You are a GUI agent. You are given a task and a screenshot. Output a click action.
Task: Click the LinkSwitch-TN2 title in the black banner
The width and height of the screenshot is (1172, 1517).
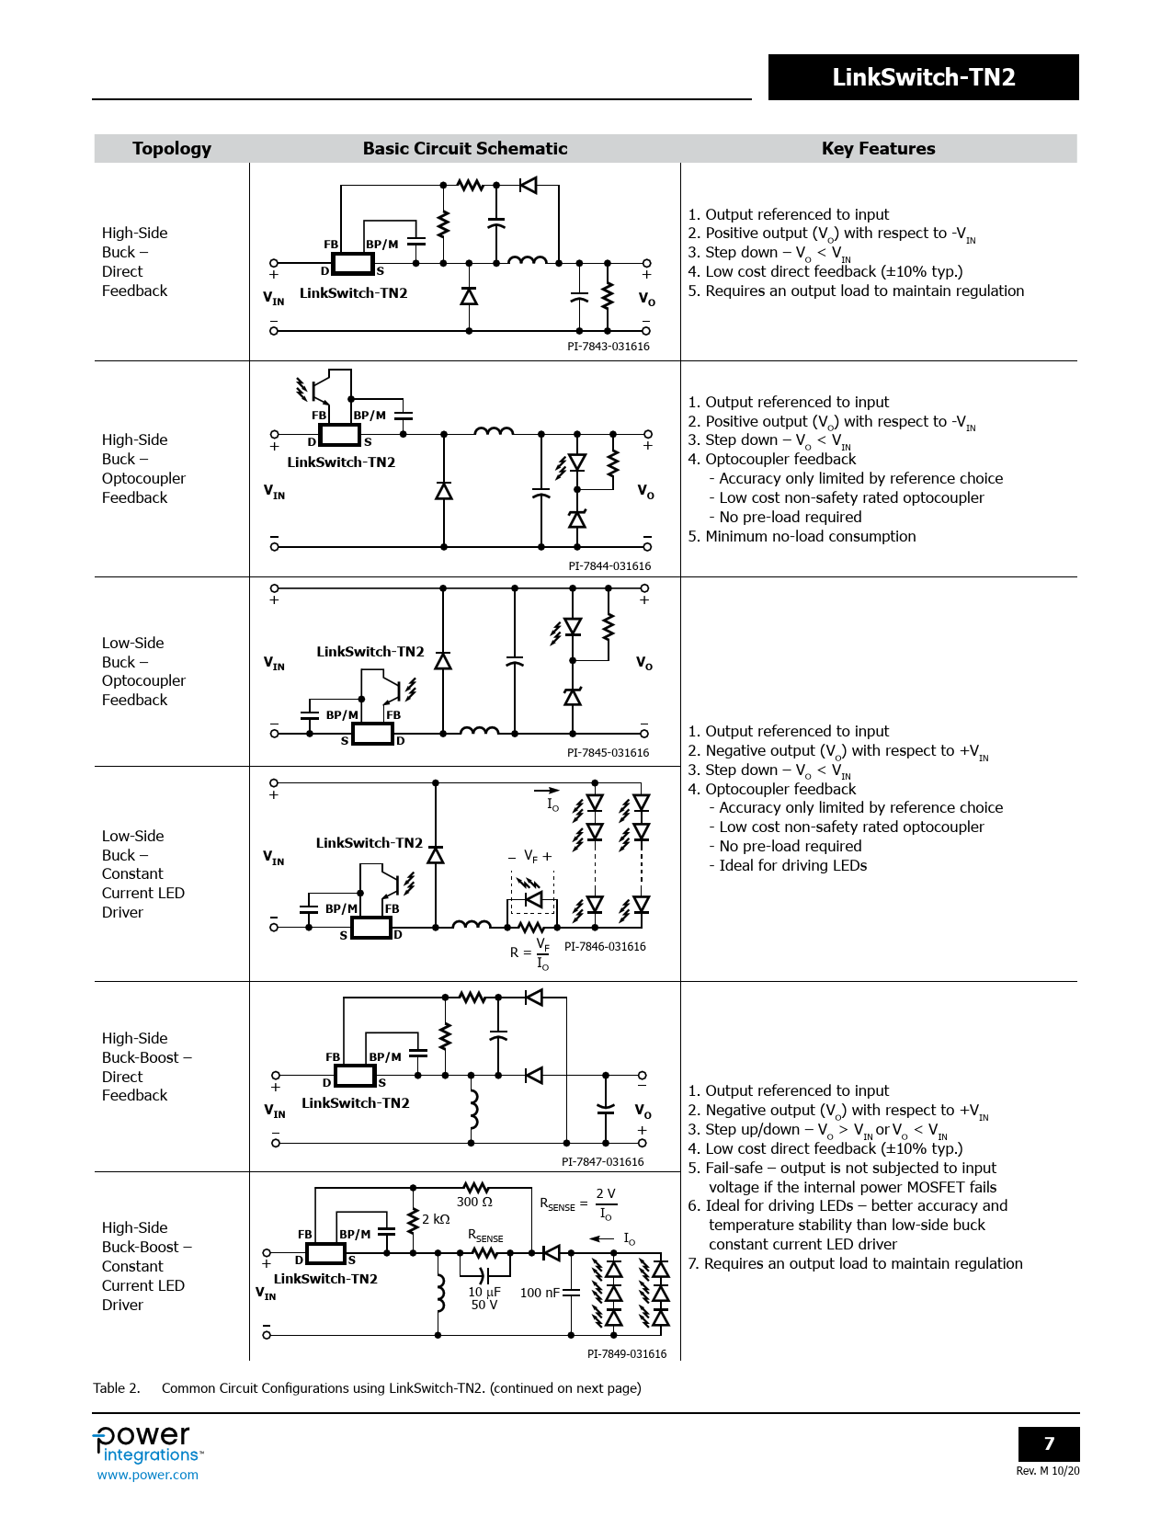[923, 77]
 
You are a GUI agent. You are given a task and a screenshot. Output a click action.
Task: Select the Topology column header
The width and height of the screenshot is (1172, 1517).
[171, 149]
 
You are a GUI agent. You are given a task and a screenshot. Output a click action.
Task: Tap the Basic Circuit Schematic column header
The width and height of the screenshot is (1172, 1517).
[464, 149]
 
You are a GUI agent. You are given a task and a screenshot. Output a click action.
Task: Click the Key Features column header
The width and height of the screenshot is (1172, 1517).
[878, 149]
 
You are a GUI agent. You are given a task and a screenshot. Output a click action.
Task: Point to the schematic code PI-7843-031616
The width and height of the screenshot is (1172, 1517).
[608, 347]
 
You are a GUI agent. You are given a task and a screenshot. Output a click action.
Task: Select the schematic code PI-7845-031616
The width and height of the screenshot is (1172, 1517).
[608, 753]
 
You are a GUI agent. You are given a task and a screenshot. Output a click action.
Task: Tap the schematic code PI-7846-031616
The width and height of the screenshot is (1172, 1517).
[605, 947]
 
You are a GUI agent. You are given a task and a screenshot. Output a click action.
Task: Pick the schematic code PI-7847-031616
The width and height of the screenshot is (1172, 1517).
[602, 1162]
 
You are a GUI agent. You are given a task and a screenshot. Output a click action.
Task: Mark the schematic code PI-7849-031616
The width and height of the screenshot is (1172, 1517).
[627, 1354]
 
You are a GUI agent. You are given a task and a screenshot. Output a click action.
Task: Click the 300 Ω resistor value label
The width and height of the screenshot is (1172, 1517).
[474, 1202]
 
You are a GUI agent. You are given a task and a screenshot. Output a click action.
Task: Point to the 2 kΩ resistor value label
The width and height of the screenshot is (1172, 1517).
[436, 1219]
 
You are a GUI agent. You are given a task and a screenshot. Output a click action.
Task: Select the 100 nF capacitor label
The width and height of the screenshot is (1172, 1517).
[540, 1293]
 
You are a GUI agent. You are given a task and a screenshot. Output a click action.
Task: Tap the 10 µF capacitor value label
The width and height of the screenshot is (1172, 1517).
[484, 1292]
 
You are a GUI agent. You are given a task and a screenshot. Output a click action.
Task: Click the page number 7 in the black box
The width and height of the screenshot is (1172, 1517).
[1049, 1443]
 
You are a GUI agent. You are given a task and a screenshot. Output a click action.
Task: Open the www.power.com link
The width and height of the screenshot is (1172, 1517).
[147, 1475]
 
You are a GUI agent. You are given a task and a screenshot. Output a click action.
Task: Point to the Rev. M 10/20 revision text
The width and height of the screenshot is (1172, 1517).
[1047, 1471]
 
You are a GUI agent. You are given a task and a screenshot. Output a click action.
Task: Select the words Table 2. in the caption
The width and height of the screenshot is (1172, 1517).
[117, 1388]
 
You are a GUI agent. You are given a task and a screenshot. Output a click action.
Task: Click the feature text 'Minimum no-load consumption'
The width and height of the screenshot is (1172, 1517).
[810, 537]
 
